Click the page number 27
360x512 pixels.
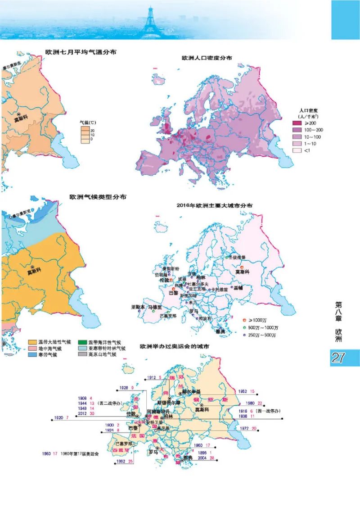coord(338,358)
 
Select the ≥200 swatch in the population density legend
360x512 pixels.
coord(297,123)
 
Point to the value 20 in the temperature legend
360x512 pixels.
coord(92,130)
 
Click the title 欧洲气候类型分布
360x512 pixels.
coord(98,197)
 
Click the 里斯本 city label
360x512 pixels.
coord(138,307)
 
